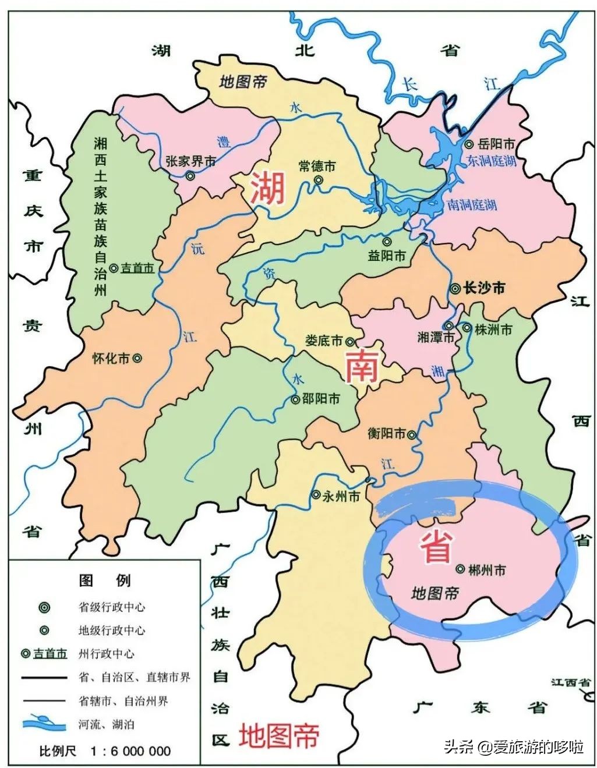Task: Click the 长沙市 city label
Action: click(483, 288)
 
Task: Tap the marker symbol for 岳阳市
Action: click(468, 144)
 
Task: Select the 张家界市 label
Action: click(190, 161)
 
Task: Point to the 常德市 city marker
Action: click(318, 180)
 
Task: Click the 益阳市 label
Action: click(387, 256)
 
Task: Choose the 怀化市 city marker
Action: click(137, 359)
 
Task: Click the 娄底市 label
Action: click(324, 341)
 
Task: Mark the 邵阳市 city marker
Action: click(295, 399)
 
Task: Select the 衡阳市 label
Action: click(387, 434)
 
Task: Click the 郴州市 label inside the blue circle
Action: click(487, 569)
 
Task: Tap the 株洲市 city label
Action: click(493, 329)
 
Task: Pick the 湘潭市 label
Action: click(436, 337)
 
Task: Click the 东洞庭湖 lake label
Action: click(492, 161)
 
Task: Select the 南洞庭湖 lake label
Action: click(472, 205)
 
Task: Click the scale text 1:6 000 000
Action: click(130, 751)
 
